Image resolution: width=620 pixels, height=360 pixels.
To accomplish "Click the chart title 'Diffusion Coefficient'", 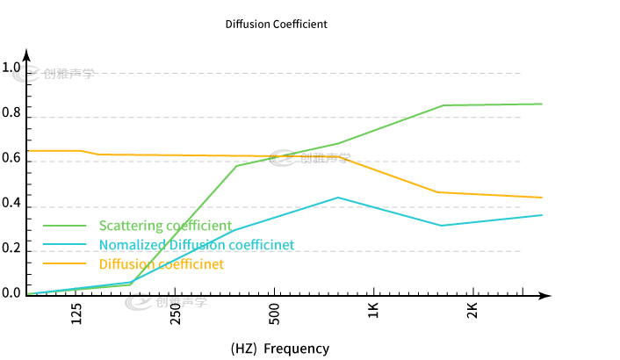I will [277, 25].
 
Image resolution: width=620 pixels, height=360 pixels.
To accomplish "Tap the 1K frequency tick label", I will [373, 311].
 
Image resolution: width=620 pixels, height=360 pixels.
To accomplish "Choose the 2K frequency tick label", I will [472, 311].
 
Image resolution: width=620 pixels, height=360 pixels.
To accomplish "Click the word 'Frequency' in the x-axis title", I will [296, 349].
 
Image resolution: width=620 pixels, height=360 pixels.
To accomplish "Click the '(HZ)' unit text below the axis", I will [242, 349].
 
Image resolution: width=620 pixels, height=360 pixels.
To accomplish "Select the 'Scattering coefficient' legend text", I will [165, 226].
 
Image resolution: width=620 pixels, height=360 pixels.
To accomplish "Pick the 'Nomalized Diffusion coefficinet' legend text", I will [197, 245].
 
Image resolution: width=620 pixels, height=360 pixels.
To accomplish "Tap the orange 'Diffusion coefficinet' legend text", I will [162, 264].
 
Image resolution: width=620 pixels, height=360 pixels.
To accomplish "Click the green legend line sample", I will [65, 227].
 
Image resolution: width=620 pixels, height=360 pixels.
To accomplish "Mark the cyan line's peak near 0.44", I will [338, 198].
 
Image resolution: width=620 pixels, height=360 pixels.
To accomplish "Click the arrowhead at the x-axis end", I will [546, 294].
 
